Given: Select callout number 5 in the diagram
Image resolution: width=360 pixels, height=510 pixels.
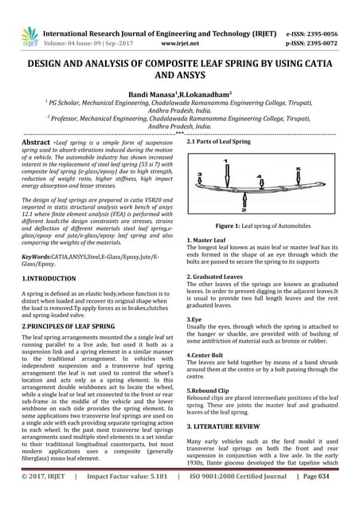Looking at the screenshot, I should pos(299,170).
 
